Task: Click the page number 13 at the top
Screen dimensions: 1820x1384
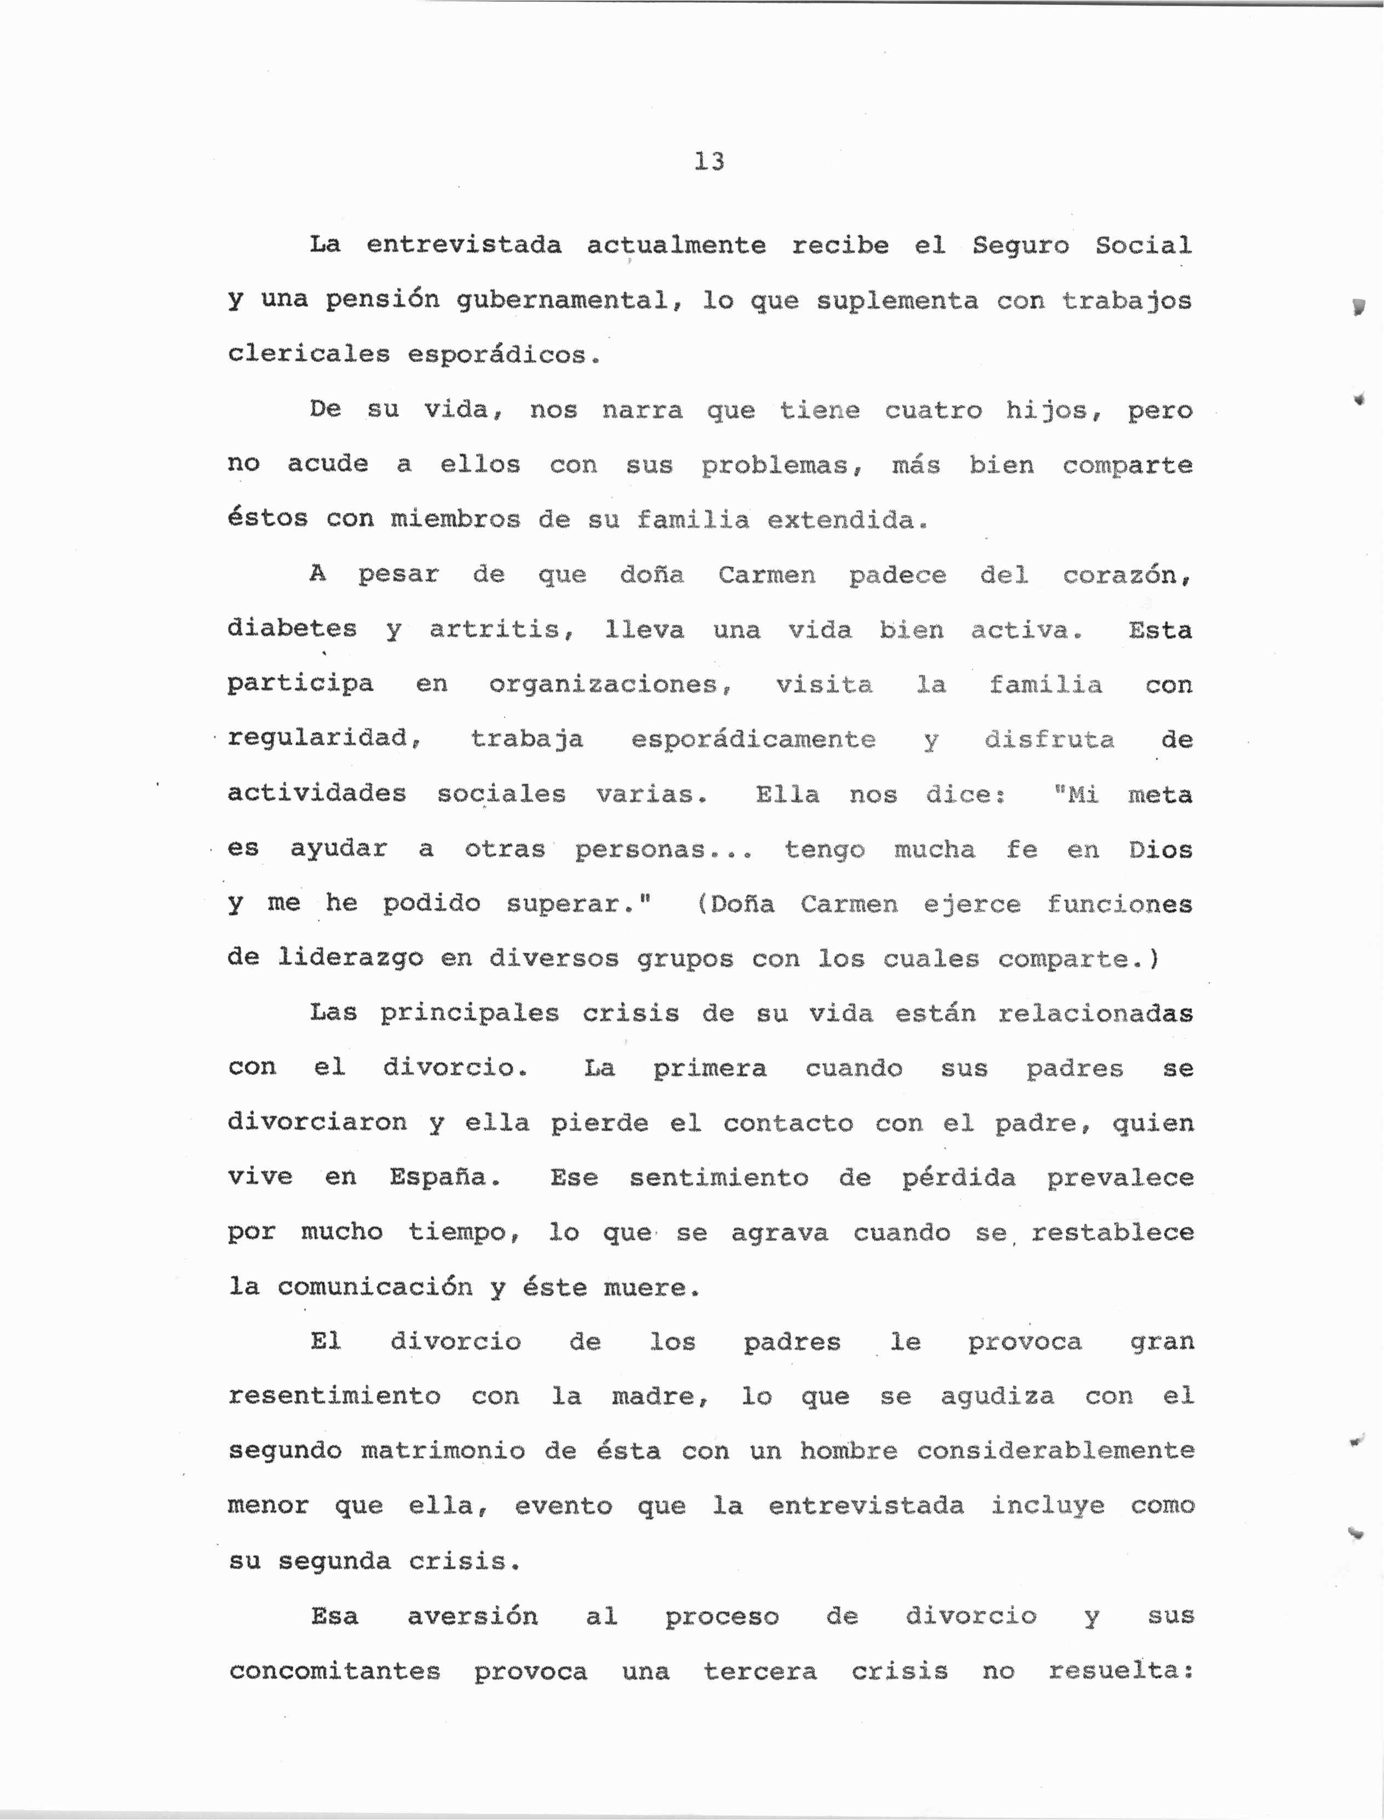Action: click(x=708, y=162)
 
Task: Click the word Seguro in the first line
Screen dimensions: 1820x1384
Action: click(x=1021, y=246)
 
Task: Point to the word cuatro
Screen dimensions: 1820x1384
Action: click(x=934, y=410)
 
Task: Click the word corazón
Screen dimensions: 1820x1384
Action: click(x=1126, y=574)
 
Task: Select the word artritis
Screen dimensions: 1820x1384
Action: click(x=501, y=630)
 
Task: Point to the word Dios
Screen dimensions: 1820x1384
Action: click(x=1160, y=849)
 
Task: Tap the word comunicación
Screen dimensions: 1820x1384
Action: click(x=375, y=1287)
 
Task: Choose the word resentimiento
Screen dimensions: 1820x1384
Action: click(x=334, y=1396)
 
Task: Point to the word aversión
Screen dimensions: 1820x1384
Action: click(x=473, y=1616)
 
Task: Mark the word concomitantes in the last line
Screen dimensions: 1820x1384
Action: click(x=334, y=1671)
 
